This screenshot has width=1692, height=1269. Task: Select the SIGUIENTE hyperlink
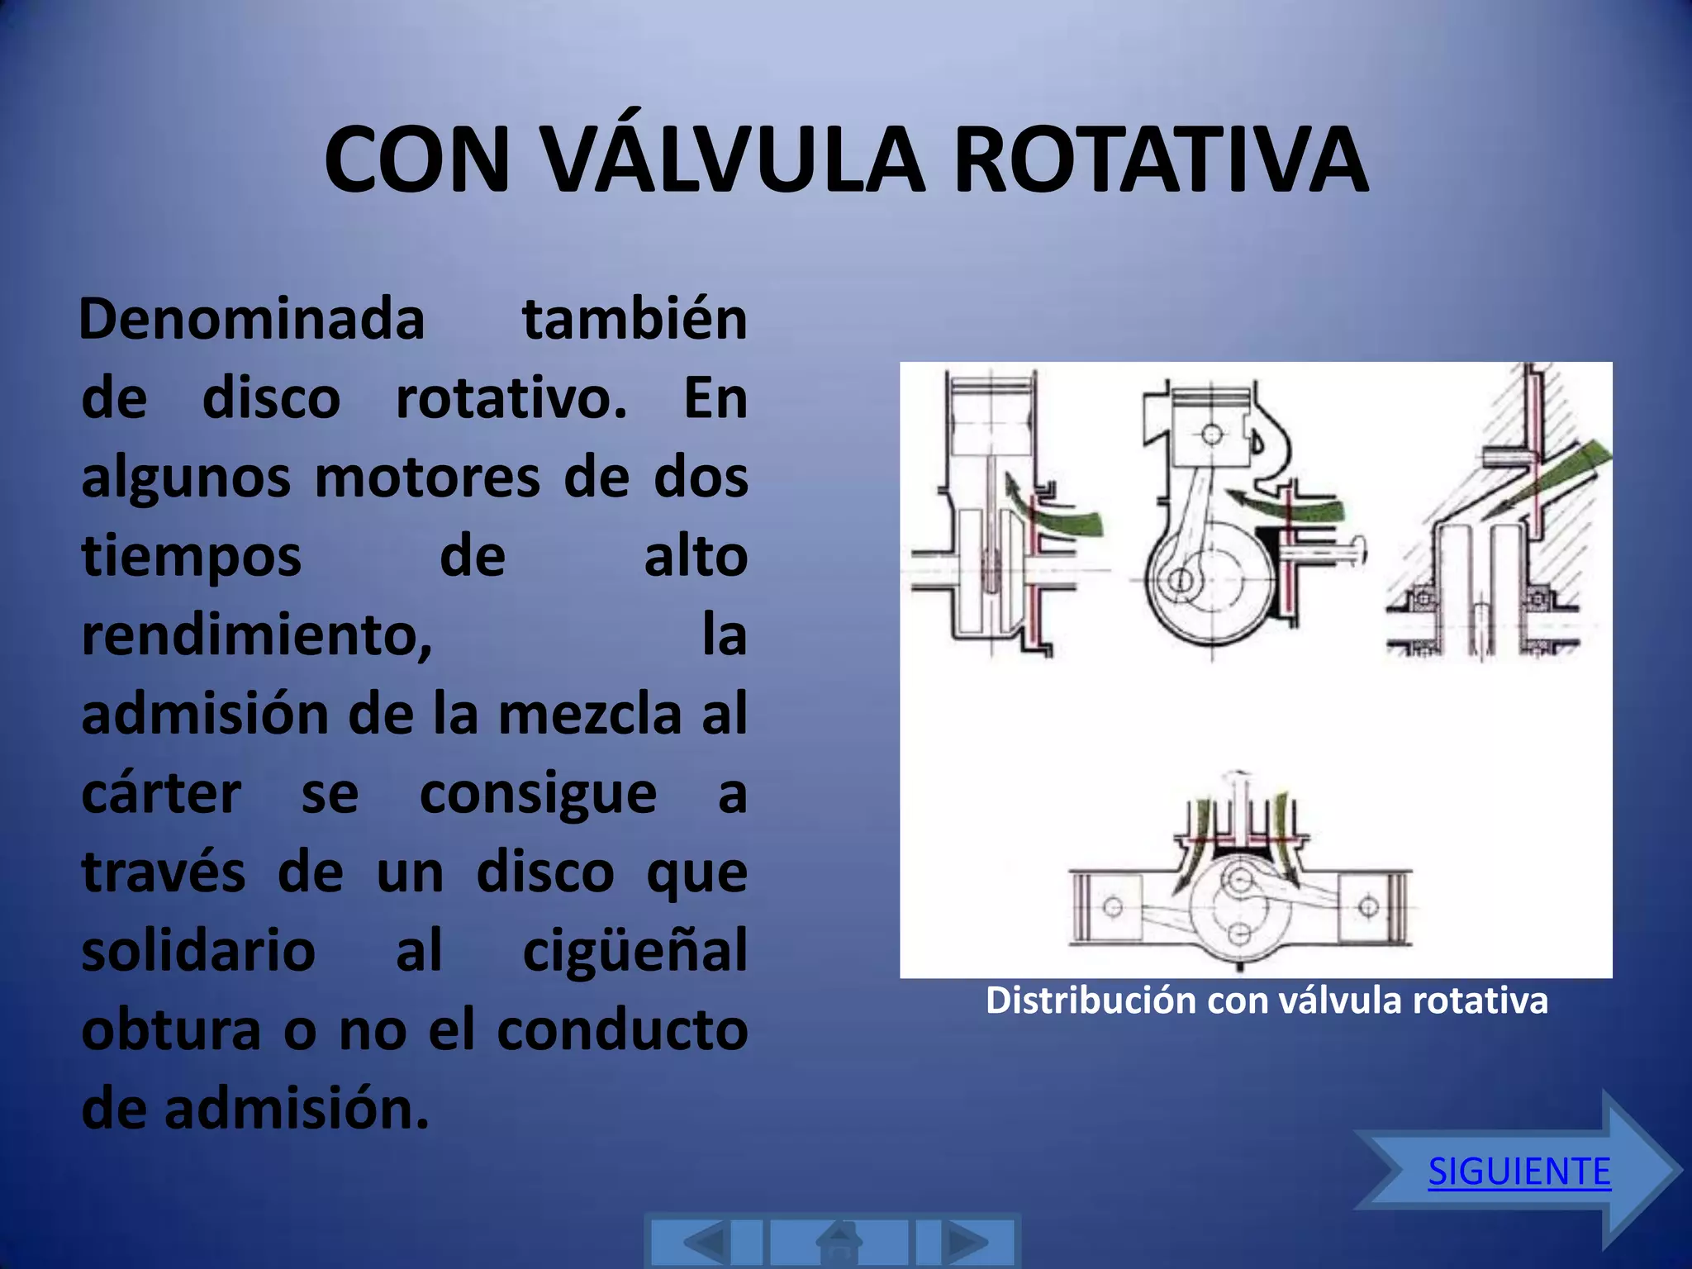click(x=1519, y=1171)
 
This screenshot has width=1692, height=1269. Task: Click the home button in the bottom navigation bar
click(x=839, y=1242)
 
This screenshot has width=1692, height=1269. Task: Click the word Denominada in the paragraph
click(x=252, y=319)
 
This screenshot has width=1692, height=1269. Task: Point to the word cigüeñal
click(x=634, y=951)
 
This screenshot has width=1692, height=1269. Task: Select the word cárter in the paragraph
click(x=162, y=793)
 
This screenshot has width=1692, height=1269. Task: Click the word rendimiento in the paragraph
click(x=256, y=636)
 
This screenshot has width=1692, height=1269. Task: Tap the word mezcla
click(x=590, y=714)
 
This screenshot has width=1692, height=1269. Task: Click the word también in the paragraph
click(x=634, y=319)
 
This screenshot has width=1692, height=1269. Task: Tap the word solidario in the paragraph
click(x=198, y=951)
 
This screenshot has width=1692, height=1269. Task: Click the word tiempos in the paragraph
click(x=192, y=556)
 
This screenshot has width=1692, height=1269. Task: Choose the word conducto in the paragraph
click(x=622, y=1029)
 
